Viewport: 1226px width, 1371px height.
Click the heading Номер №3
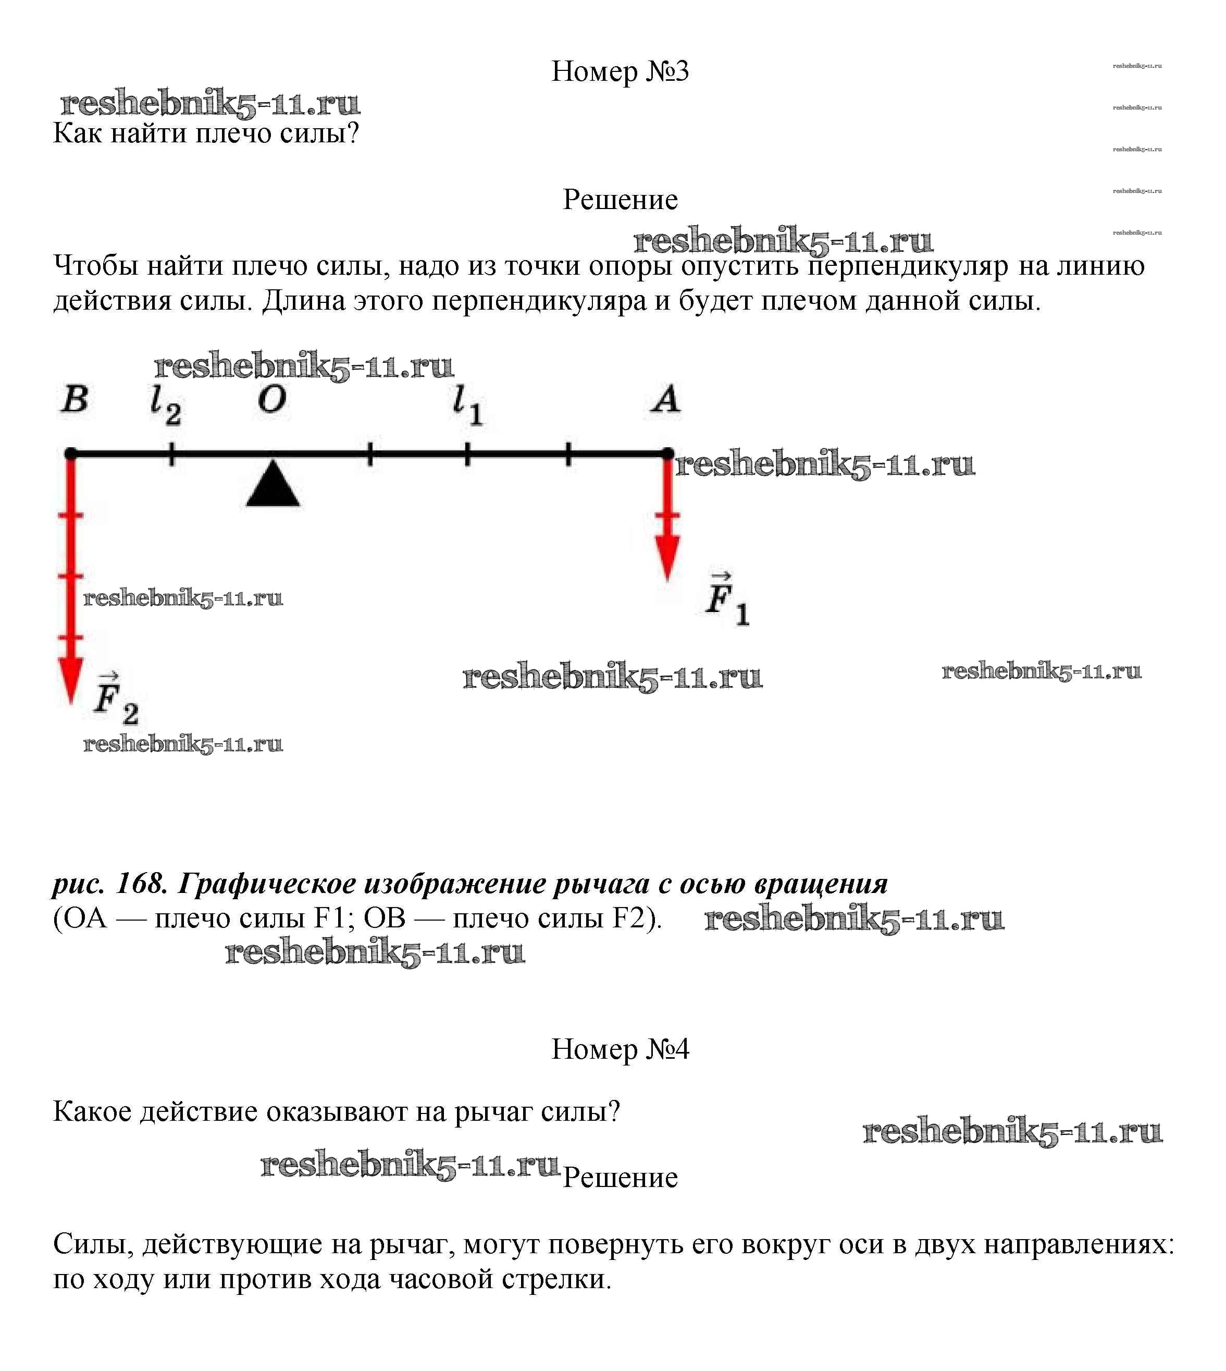tap(620, 71)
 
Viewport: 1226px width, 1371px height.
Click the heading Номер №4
tap(620, 1049)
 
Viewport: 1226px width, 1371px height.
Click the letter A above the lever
tap(665, 400)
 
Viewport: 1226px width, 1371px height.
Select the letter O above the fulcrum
tap(272, 400)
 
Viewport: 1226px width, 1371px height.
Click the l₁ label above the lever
tap(467, 406)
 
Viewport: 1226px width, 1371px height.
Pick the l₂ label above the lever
tap(165, 406)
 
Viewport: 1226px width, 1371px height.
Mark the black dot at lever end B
tap(71, 454)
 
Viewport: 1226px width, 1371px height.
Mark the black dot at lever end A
tap(667, 454)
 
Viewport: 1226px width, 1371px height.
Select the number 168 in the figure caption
tap(141, 883)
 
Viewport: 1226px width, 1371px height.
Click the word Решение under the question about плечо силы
tap(620, 200)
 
